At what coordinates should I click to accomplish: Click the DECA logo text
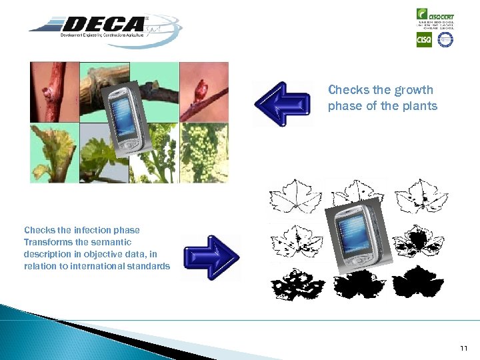point(100,25)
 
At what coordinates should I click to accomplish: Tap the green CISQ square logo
point(424,40)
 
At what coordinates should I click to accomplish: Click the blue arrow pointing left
point(283,103)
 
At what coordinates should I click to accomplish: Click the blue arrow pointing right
point(213,257)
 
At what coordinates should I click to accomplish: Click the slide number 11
point(464,349)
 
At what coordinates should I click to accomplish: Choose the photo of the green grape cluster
point(204,153)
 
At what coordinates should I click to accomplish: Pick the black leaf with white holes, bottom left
point(296,284)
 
